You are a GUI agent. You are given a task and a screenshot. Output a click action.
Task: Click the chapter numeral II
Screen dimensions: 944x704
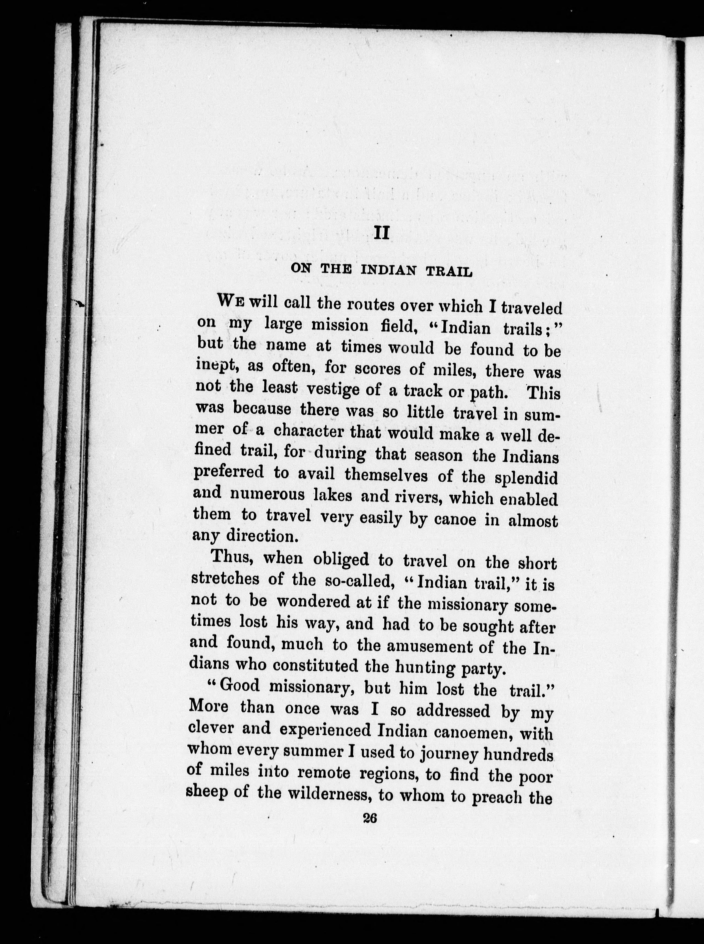click(381, 233)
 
